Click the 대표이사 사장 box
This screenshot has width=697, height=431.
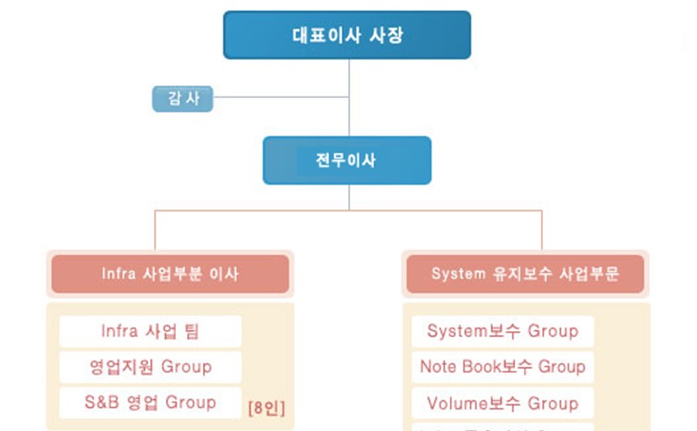347,35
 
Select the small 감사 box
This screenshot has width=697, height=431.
183,98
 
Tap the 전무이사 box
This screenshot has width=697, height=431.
347,160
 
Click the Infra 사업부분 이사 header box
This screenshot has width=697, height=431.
170,274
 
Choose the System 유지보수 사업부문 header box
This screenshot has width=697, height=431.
526,274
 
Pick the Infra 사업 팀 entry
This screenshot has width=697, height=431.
151,331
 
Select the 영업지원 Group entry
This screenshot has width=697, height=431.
151,366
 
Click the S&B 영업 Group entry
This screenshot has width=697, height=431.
151,403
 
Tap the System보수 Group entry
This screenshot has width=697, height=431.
503,331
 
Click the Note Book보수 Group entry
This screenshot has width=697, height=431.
503,366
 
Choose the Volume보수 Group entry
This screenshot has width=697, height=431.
503,403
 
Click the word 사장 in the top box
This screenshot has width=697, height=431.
386,35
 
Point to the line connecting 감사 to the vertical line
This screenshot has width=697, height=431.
280,97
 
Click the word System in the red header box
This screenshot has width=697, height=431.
459,274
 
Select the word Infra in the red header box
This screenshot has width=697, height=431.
119,274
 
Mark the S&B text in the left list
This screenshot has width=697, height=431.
104,403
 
